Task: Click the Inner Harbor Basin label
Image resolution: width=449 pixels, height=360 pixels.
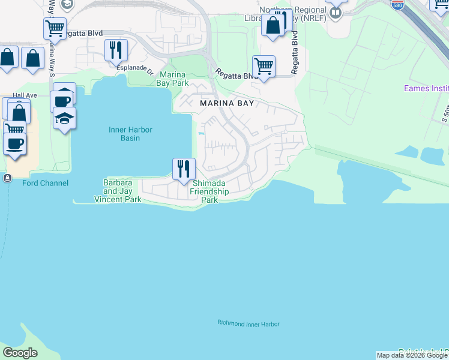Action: click(130, 134)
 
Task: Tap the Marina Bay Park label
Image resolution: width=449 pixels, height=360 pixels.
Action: click(173, 79)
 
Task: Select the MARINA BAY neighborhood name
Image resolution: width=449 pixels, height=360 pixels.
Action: click(227, 103)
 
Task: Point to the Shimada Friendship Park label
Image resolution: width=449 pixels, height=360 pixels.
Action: click(209, 191)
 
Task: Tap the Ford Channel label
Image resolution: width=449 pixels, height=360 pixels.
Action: click(45, 183)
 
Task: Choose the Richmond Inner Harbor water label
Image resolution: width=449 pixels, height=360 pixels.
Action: click(248, 324)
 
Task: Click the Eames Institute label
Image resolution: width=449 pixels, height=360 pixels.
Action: click(426, 89)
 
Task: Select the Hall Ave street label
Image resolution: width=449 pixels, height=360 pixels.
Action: click(25, 95)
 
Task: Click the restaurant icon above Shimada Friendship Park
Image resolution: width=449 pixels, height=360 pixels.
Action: click(184, 169)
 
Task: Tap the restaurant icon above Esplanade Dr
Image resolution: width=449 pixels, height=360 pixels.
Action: click(115, 50)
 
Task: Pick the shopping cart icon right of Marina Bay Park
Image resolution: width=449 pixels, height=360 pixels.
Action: click(264, 65)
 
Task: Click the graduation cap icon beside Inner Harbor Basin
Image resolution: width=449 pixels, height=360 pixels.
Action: click(64, 118)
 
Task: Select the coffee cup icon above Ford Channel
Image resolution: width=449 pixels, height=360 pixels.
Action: click(14, 143)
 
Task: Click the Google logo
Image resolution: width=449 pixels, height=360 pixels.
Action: click(20, 353)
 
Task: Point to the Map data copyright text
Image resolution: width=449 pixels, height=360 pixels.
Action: click(412, 356)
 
